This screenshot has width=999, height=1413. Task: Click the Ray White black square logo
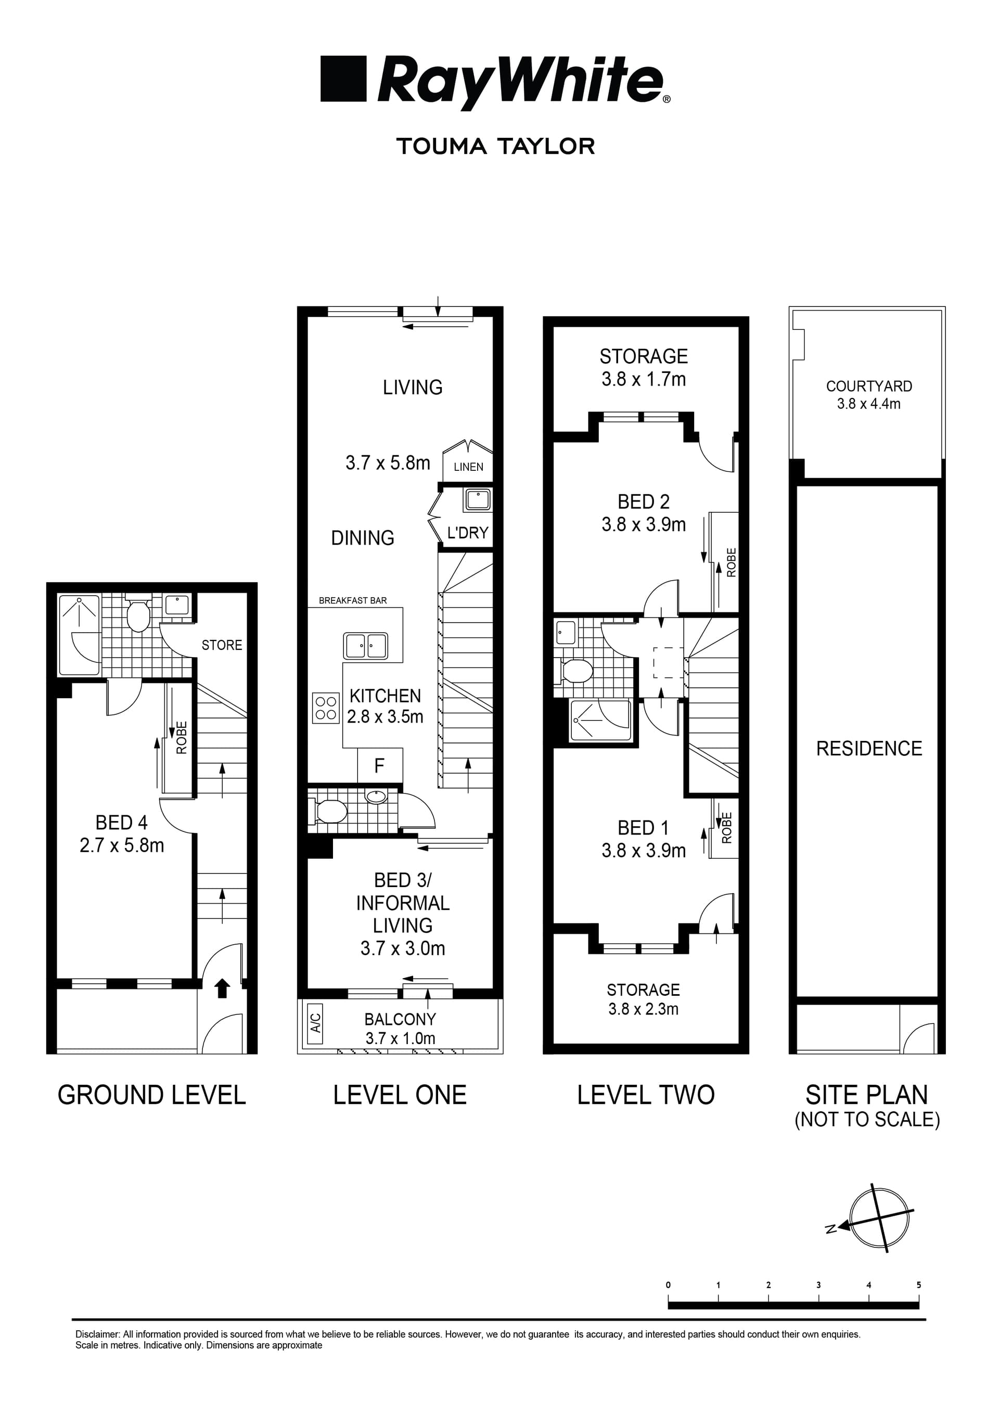[x=343, y=79]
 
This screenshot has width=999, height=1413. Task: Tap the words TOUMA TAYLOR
[x=495, y=147]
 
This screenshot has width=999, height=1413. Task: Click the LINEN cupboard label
[x=468, y=467]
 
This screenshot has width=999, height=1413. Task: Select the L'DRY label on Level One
[x=468, y=533]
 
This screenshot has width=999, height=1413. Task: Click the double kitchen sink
[x=366, y=646]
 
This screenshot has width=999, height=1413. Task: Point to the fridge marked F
[x=380, y=766]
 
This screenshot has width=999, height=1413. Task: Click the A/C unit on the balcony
[x=315, y=1022]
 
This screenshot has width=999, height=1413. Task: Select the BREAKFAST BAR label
[x=353, y=601]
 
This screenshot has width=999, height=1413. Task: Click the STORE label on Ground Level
[x=222, y=645]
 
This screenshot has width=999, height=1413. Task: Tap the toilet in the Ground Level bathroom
[x=138, y=615]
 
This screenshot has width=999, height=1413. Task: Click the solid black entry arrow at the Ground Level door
[x=222, y=989]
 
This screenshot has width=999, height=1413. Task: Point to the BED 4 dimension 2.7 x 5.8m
[x=122, y=845]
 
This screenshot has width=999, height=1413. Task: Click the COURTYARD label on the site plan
[x=868, y=387]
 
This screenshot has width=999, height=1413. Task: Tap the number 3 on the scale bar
[x=818, y=1285]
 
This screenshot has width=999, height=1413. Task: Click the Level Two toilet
[x=576, y=671]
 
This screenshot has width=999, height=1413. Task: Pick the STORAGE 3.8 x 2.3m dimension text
[x=643, y=1009]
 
